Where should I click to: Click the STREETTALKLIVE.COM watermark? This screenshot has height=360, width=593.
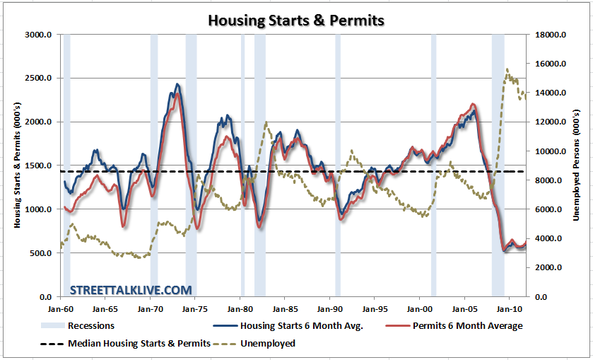[x=131, y=289]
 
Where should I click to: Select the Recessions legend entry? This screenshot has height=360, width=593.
[x=90, y=326]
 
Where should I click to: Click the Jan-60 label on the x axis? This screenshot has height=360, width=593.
[x=60, y=309]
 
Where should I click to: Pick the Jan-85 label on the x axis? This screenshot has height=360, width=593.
[x=285, y=309]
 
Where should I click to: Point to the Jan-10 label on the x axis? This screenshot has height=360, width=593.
[x=510, y=309]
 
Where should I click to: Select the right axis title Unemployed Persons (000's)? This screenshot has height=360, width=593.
[x=576, y=165]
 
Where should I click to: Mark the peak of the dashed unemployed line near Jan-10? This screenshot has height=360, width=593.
[x=507, y=69]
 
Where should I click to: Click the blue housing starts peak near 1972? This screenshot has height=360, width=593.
[x=177, y=84]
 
